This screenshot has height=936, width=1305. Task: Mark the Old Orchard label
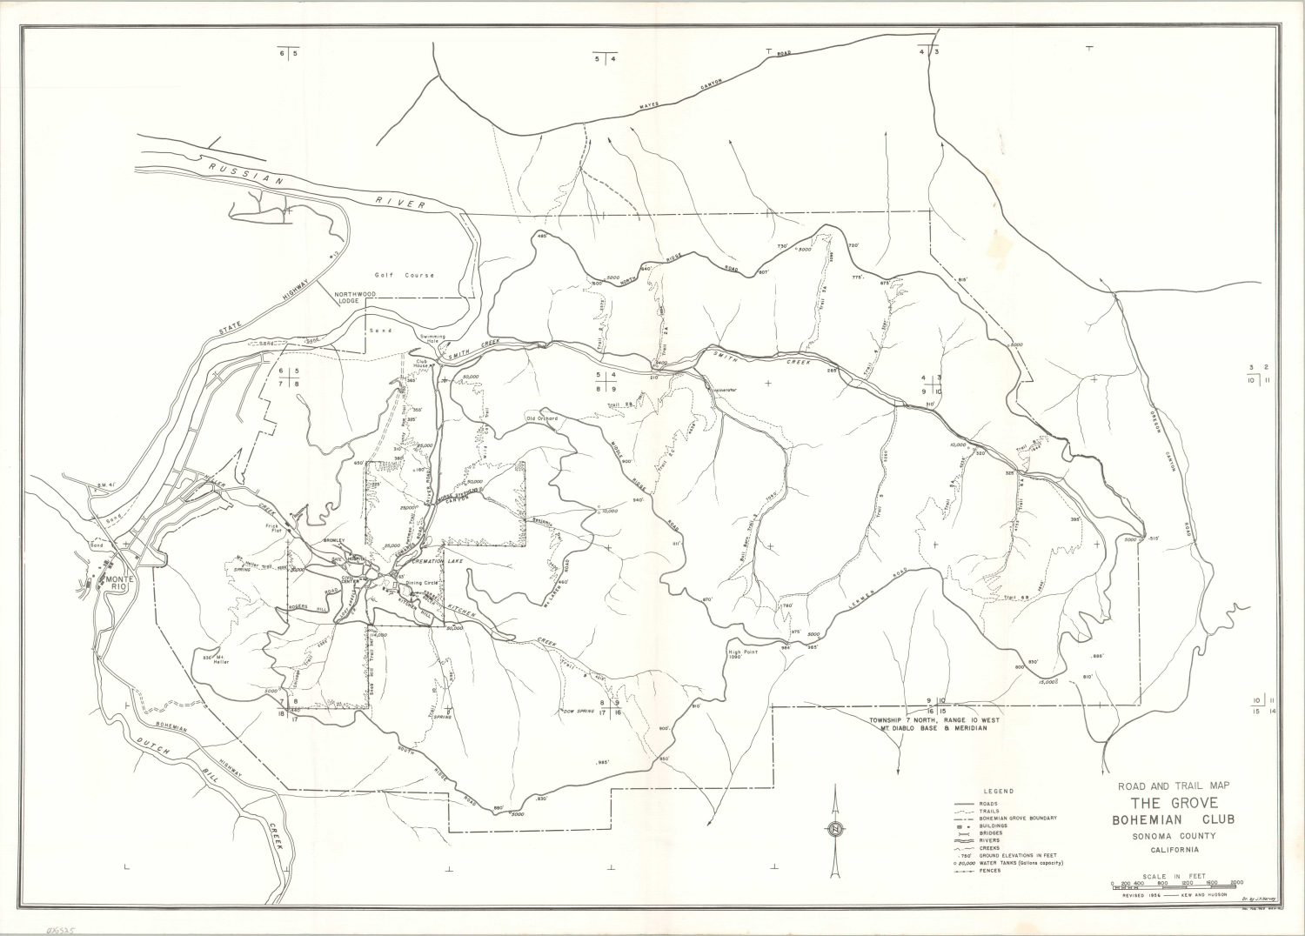tap(541, 418)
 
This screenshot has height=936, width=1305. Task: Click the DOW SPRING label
tap(579, 711)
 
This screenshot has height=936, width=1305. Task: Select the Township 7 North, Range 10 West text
tap(934, 721)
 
